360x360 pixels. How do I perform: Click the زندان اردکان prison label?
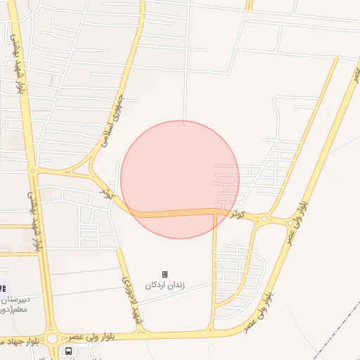tap(165, 285)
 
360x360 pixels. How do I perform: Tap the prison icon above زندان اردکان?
tap(165, 274)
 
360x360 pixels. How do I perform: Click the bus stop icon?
tap(69, 351)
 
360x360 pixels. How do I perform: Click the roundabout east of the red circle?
tap(265, 220)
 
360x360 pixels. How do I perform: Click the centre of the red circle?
tap(180, 180)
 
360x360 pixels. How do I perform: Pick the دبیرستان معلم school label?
tap(12, 302)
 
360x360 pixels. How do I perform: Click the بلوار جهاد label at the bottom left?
tap(21, 341)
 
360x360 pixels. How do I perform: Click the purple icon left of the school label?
tap(2, 288)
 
